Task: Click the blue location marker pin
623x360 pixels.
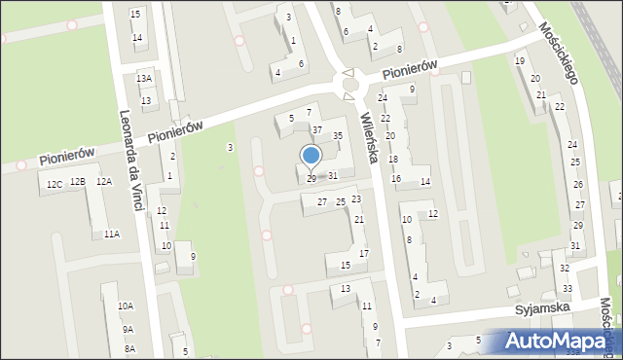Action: pyautogui.click(x=311, y=157)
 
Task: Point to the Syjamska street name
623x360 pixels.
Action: pyautogui.click(x=542, y=309)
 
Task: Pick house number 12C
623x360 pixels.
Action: pyautogui.click(x=54, y=183)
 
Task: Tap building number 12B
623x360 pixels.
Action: pyautogui.click(x=78, y=182)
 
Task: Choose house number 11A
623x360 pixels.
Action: pyautogui.click(x=112, y=234)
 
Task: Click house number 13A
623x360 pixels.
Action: pyautogui.click(x=144, y=78)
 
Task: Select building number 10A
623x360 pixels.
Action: pyautogui.click(x=126, y=306)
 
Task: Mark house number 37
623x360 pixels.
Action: pyautogui.click(x=317, y=129)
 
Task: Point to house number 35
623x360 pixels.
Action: pyautogui.click(x=338, y=136)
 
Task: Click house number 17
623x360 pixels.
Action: pyautogui.click(x=364, y=254)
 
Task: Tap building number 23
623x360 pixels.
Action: pyautogui.click(x=356, y=199)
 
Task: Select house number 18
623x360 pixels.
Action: pyautogui.click(x=393, y=159)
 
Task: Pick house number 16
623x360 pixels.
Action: pyautogui.click(x=396, y=179)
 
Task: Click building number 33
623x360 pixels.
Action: pyautogui.click(x=568, y=289)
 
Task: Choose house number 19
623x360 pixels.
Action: pyautogui.click(x=520, y=61)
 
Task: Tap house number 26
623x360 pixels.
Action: pyautogui.click(x=578, y=184)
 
